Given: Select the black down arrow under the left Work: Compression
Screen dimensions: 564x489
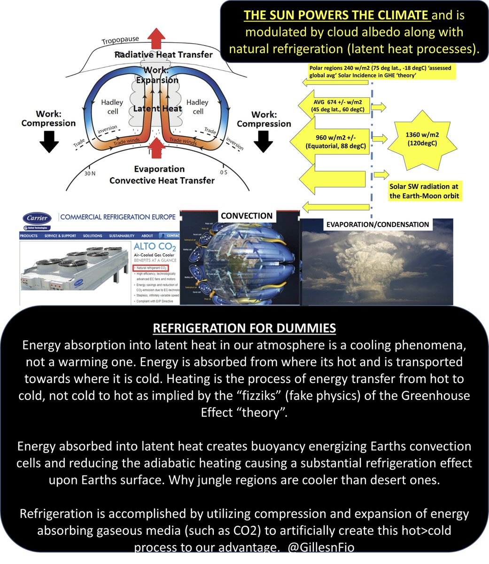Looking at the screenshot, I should (48, 141).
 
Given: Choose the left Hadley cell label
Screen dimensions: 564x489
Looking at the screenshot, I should (112, 107).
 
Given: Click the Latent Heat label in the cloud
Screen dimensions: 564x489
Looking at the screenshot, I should (157, 109).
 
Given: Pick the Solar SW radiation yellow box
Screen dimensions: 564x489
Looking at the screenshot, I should (424, 191).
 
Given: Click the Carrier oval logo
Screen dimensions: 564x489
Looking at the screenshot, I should (37, 218).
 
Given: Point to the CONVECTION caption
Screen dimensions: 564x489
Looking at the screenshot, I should (247, 216).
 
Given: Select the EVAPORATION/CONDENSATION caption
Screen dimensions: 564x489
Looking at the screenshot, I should (378, 224).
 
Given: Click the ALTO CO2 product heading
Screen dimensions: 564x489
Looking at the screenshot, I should (154, 247).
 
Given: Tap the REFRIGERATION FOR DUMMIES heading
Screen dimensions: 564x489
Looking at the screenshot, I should (244, 327).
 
